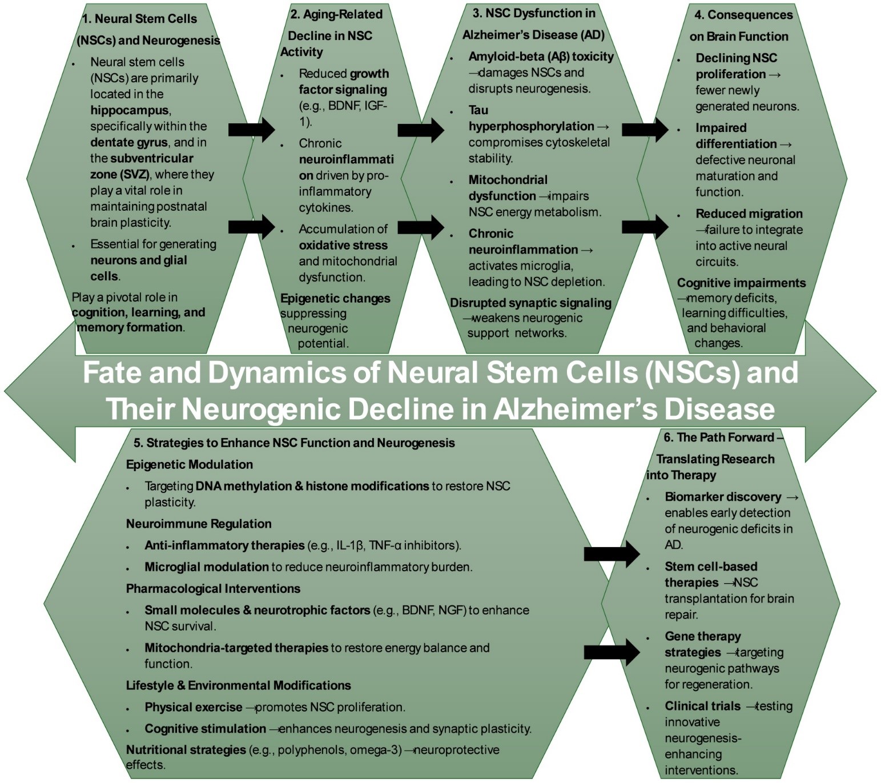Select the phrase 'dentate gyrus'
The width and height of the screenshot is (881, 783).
(129, 143)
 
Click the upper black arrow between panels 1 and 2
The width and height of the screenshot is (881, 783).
(252, 130)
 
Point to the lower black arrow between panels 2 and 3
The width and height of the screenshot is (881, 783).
(421, 227)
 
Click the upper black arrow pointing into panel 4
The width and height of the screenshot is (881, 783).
(645, 130)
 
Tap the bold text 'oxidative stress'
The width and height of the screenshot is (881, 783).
(343, 246)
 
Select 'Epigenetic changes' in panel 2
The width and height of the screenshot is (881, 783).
(335, 299)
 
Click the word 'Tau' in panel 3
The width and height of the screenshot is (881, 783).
(478, 110)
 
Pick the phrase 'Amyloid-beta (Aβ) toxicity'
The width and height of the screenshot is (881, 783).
(541, 57)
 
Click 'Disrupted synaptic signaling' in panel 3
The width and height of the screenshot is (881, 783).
(530, 303)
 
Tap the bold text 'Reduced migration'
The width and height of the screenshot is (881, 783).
(749, 214)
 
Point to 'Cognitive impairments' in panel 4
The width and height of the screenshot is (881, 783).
(742, 283)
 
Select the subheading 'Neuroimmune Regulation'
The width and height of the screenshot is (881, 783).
(199, 524)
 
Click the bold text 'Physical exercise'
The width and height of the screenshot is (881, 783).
(194, 707)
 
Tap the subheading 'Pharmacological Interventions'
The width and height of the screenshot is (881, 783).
(213, 589)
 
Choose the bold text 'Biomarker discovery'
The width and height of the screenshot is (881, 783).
(723, 497)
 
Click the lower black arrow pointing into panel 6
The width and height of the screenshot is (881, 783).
(612, 652)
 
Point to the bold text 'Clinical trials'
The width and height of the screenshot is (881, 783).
(702, 706)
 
